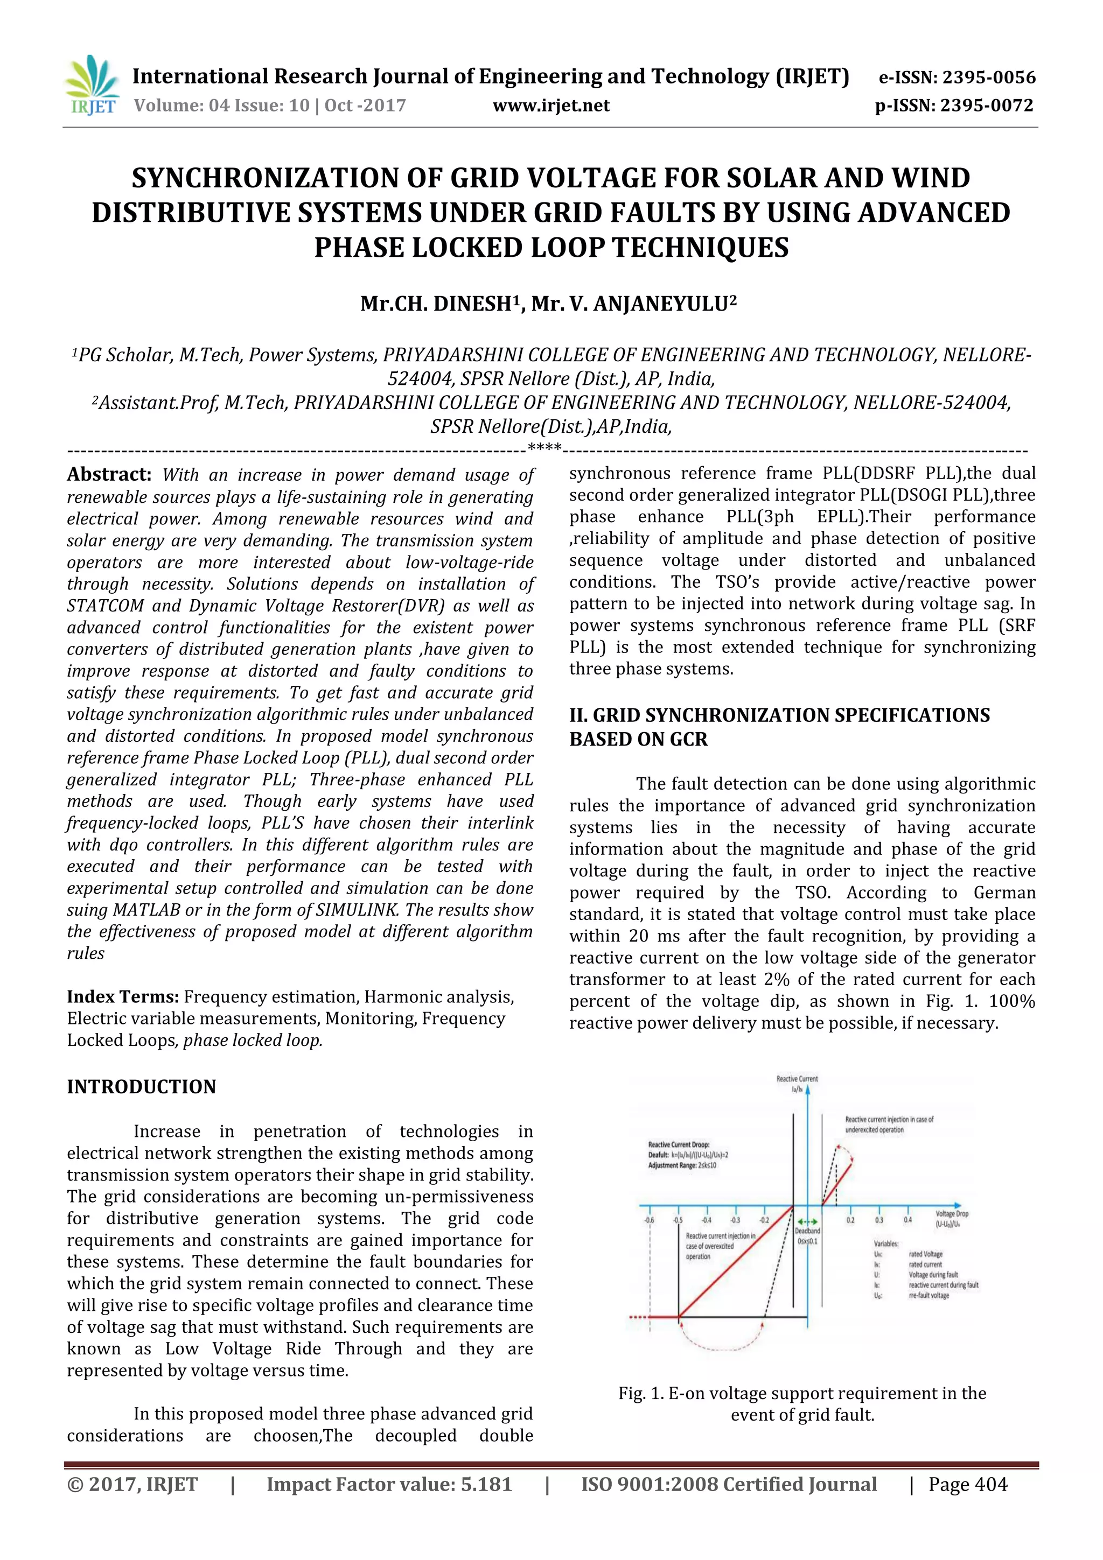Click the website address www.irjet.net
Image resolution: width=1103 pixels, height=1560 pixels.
click(x=550, y=106)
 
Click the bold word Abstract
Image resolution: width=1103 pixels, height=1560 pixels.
click(x=109, y=474)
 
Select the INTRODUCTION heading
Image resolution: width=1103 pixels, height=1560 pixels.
click(x=141, y=1086)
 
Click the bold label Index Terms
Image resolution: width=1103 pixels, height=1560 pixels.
click(x=122, y=997)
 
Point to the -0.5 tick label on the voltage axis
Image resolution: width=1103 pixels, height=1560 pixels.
click(x=678, y=1220)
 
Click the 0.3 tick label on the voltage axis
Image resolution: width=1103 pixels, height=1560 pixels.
click(x=879, y=1220)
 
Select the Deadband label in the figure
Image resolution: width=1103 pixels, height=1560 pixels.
click(x=807, y=1231)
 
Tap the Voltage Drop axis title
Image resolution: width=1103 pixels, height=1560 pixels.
click(x=952, y=1213)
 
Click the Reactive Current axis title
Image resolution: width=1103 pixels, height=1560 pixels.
click(x=797, y=1079)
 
